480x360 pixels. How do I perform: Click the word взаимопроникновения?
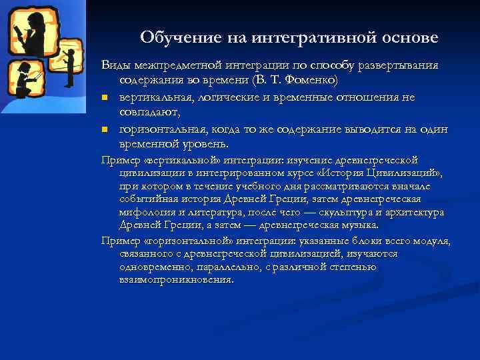click(177, 280)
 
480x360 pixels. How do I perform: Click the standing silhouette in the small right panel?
click(69, 63)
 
